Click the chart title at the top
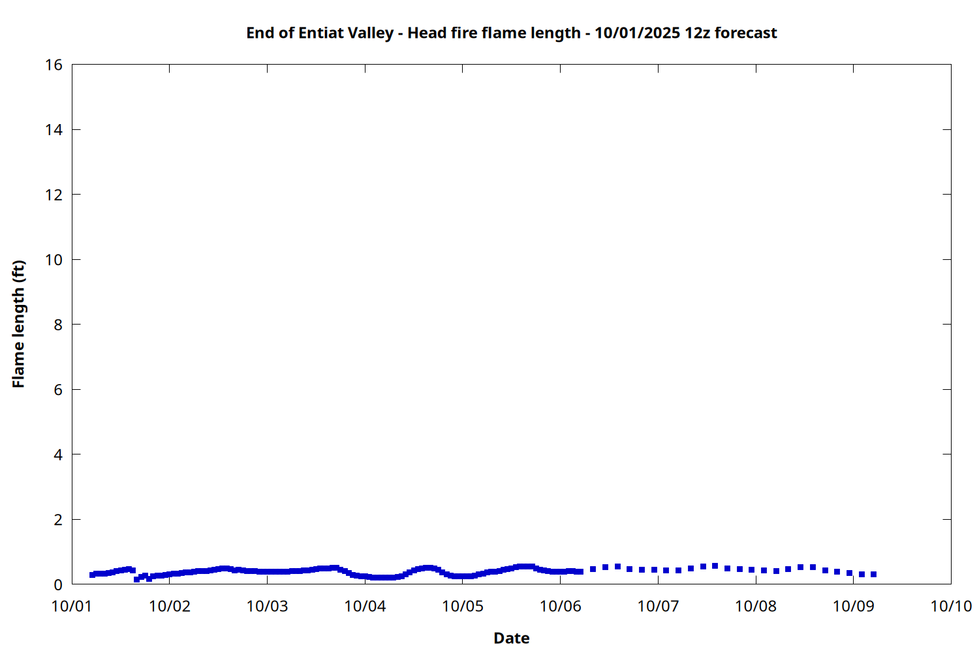tap(511, 33)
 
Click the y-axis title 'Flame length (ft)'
tap(18, 324)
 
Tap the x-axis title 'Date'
tap(511, 638)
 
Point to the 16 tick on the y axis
tap(54, 65)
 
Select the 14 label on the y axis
tap(54, 130)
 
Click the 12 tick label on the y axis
tap(54, 195)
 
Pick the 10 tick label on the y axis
tap(54, 260)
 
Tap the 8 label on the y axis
tap(58, 325)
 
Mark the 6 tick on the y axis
tap(58, 390)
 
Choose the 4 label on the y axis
tap(58, 454)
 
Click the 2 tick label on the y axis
tap(58, 520)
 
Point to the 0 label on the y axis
tap(58, 584)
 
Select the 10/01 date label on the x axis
tap(72, 606)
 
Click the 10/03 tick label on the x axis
tap(267, 606)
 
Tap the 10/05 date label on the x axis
tap(463, 606)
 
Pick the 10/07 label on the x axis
tap(658, 606)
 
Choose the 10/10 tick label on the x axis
tap(951, 606)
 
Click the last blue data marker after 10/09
tap(873, 575)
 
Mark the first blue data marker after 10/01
tap(93, 575)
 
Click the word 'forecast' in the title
tap(746, 33)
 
